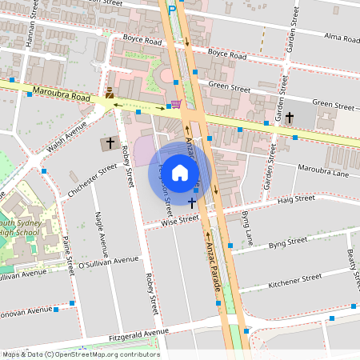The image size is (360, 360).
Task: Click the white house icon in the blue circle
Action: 180,172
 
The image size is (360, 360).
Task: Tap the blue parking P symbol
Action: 171,9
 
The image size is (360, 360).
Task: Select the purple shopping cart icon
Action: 175,104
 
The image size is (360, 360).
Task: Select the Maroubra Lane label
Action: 323,170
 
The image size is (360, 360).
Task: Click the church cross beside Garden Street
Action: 290,118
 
